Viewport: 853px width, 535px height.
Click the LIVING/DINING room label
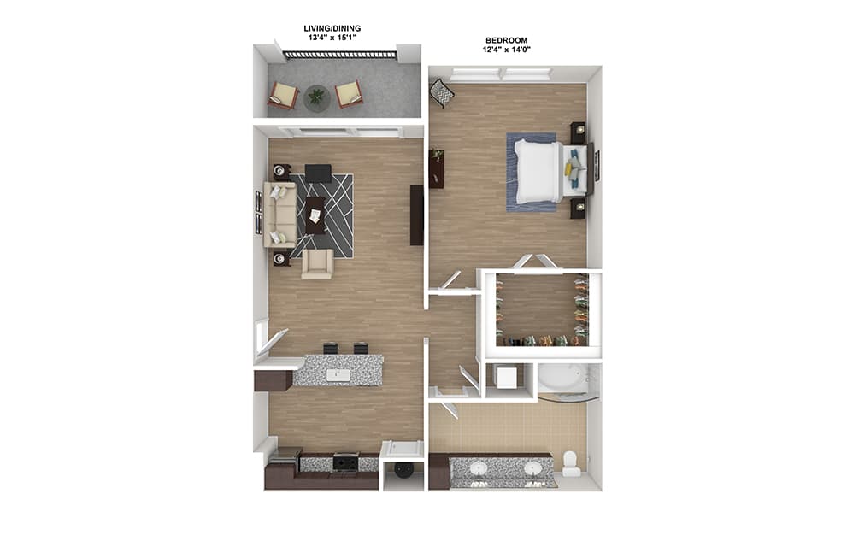coord(332,28)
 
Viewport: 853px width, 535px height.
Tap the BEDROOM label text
coord(507,40)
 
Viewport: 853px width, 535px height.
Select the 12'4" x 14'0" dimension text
coord(507,50)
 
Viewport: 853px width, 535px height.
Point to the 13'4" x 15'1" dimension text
coord(332,38)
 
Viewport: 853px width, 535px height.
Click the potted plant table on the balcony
coord(316,98)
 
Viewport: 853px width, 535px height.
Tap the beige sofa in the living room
coord(280,215)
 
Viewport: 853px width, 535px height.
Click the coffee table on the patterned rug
coord(315,215)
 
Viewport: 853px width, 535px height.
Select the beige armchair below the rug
coord(317,264)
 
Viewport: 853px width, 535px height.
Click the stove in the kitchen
coord(346,462)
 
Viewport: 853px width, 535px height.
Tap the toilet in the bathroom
coord(571,464)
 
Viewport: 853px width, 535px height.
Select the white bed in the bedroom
coord(538,172)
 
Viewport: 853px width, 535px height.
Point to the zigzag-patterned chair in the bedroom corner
coord(443,93)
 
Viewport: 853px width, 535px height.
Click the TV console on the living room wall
coord(417,215)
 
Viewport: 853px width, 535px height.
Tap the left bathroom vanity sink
coord(479,468)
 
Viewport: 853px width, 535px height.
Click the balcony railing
coord(340,55)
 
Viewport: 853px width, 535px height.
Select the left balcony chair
coord(284,95)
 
